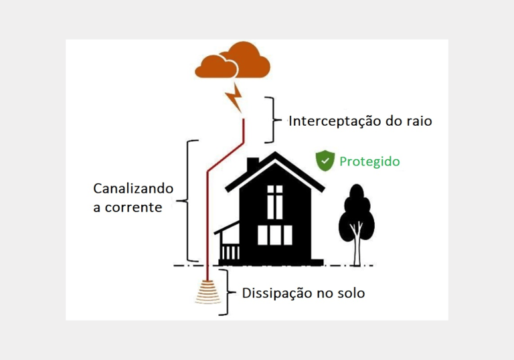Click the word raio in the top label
tap(418, 122)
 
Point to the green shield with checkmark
tap(325, 161)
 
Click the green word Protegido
tap(369, 161)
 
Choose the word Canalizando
tap(133, 189)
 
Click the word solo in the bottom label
tap(349, 293)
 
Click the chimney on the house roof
tap(252, 165)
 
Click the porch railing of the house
tap(230, 252)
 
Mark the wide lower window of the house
tap(275, 235)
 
